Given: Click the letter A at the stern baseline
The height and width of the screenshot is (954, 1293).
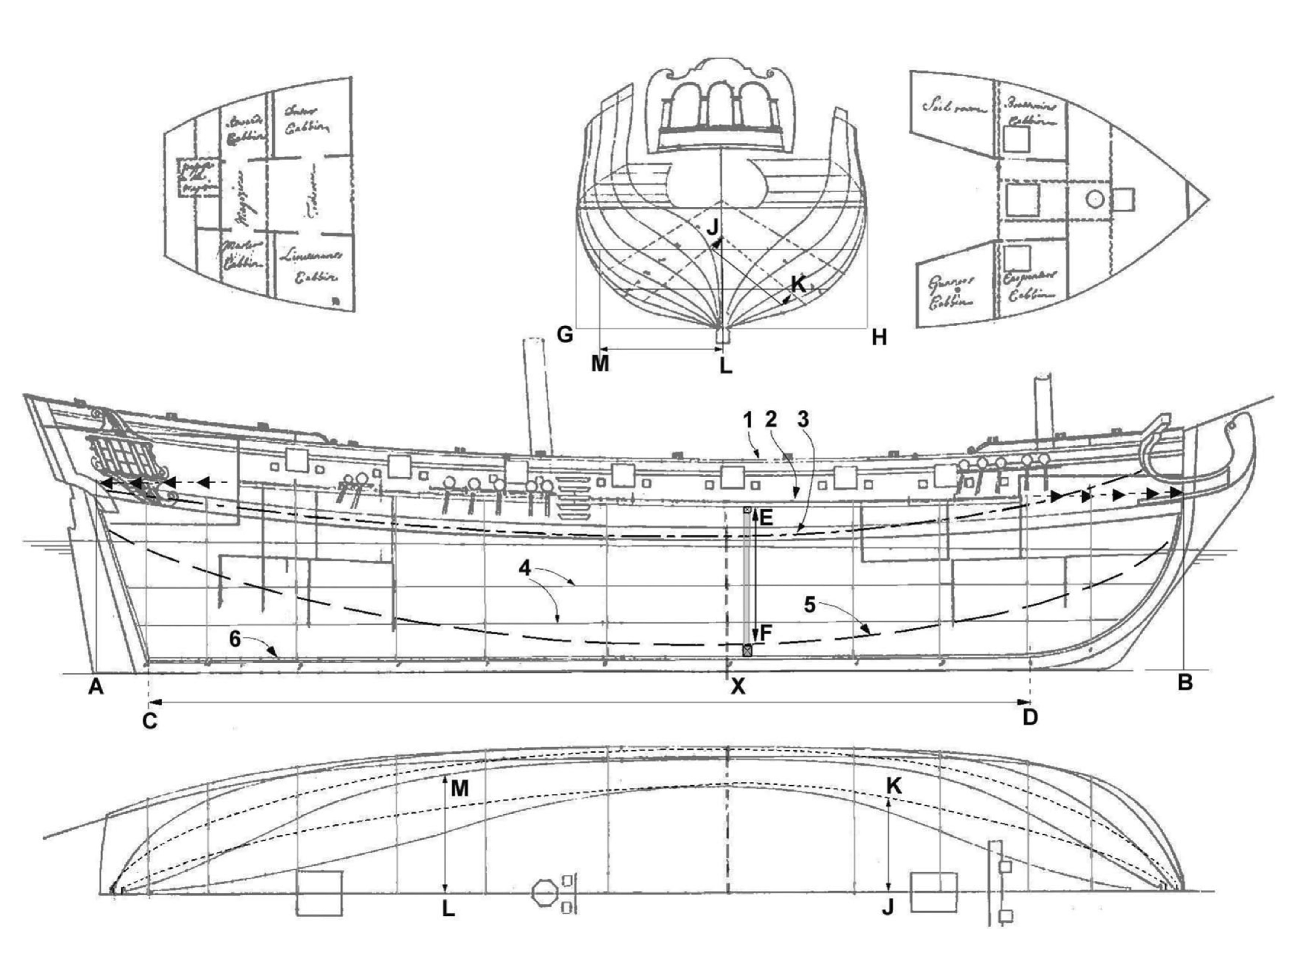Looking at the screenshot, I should (96, 687).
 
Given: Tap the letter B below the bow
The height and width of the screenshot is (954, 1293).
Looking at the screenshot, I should (1185, 683).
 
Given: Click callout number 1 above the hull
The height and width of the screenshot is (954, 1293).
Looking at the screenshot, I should (748, 421).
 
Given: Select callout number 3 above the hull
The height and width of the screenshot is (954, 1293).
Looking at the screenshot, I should (803, 421).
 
